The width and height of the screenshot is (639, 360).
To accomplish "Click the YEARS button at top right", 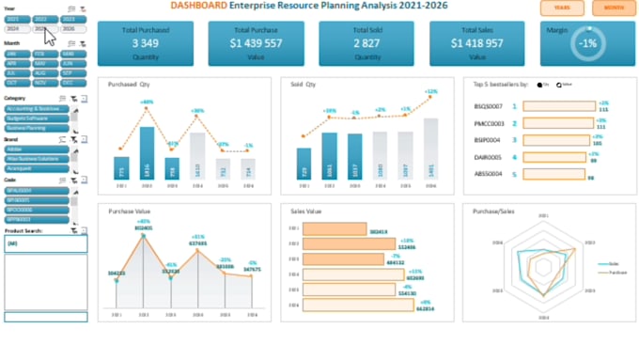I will (x=561, y=8).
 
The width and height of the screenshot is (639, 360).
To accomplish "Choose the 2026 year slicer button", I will (x=70, y=29).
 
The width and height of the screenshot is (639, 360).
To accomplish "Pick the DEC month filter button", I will (x=70, y=82).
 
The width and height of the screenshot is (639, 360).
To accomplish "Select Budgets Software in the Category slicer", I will (x=36, y=118).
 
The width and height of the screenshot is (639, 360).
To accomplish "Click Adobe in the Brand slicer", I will (x=36, y=149).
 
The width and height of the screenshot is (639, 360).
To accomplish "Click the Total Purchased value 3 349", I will (x=145, y=43).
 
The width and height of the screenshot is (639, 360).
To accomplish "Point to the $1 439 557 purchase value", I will (x=257, y=43).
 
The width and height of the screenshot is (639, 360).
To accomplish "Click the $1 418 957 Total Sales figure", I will (x=477, y=43).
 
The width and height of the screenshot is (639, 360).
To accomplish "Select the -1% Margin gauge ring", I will (x=587, y=43).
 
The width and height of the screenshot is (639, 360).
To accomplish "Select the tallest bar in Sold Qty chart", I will (x=430, y=148).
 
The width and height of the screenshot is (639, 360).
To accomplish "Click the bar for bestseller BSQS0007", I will (x=558, y=106).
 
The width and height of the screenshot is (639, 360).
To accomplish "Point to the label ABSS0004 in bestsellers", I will (x=489, y=174).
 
